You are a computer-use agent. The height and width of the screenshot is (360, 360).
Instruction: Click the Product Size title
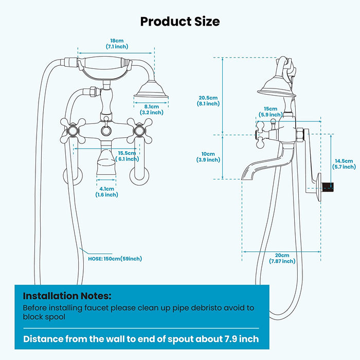coord(180,22)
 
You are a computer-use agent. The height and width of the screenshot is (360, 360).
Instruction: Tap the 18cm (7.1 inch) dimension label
coord(117,44)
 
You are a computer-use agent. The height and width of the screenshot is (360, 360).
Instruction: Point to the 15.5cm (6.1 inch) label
coord(127,156)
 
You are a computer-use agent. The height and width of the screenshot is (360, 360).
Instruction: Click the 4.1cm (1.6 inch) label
coord(106,191)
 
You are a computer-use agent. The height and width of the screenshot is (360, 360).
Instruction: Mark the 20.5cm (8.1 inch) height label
coord(208,100)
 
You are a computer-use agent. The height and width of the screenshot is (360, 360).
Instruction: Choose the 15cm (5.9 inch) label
coord(271,112)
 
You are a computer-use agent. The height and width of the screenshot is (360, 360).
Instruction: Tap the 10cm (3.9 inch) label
coord(208,157)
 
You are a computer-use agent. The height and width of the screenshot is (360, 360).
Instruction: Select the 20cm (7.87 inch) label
coord(282,258)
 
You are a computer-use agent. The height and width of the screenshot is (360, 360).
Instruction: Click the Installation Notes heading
coord(67,296)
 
